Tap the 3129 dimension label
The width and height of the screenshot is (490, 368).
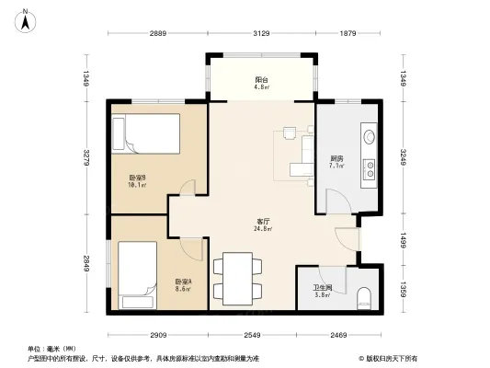click(261, 34)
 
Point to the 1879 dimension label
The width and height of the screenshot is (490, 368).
click(347, 34)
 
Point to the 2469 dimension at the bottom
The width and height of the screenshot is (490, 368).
click(337, 335)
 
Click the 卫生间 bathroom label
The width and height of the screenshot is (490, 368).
click(324, 292)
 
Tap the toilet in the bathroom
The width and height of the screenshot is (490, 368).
click(364, 295)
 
